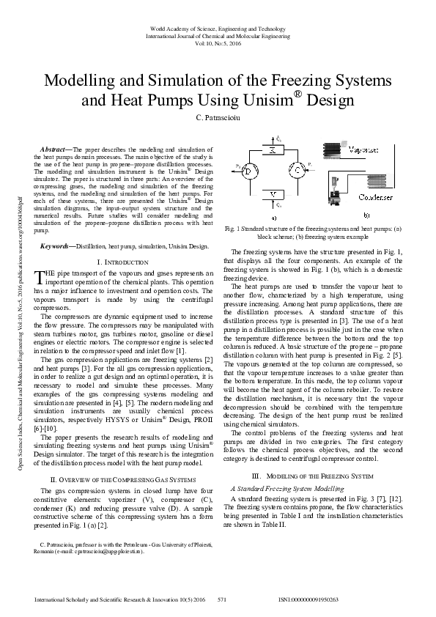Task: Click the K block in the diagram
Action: (273, 150)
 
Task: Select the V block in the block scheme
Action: (273, 194)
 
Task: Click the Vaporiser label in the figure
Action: (364, 149)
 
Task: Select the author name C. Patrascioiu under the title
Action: (218, 119)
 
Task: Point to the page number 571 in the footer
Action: (223, 599)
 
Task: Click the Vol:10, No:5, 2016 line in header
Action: (218, 43)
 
